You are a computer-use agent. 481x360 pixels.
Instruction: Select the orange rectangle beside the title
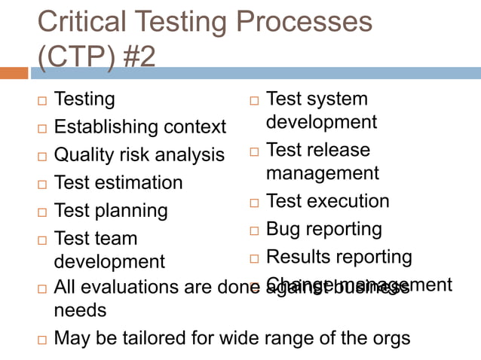(x=14, y=73)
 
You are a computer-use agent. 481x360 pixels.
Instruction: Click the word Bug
(x=283, y=229)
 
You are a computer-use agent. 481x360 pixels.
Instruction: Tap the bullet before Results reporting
(x=254, y=258)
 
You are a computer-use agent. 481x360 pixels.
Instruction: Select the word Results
(x=298, y=258)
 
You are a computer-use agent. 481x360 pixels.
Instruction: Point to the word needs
(x=80, y=310)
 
